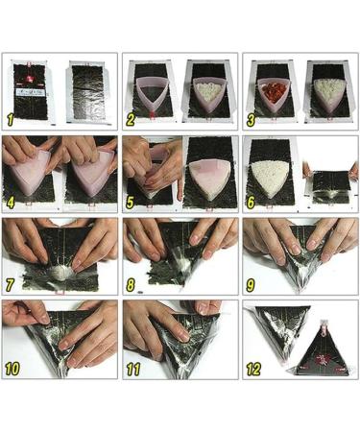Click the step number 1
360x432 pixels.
click(x=12, y=120)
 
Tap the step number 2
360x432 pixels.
click(x=132, y=120)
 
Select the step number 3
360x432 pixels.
click(x=252, y=120)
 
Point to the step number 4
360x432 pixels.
click(x=12, y=204)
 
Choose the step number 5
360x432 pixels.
click(x=132, y=204)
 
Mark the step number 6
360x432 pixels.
click(x=252, y=204)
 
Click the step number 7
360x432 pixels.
click(x=12, y=286)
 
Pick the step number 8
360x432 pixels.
click(x=132, y=286)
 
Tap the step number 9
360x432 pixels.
click(x=252, y=286)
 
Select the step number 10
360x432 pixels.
click(x=14, y=370)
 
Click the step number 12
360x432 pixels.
click(x=255, y=370)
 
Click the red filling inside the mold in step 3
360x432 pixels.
click(x=270, y=92)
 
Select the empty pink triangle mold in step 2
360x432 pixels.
click(x=150, y=92)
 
